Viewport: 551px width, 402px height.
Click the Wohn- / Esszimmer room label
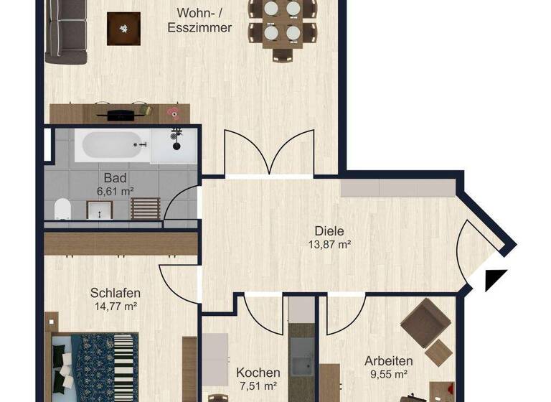click(x=199, y=20)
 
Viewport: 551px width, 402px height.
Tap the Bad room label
click(x=115, y=177)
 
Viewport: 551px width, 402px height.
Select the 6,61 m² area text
click(x=115, y=191)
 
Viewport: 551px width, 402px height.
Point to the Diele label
click(x=329, y=231)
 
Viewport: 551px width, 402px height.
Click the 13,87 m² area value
click(x=329, y=245)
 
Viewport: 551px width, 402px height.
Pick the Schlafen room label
click(x=115, y=293)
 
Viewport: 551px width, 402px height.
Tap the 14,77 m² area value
click(x=115, y=306)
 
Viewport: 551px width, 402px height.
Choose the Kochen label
click(x=258, y=373)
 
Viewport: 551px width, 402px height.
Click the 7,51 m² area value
click(x=258, y=387)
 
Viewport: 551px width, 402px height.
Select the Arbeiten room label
click(x=388, y=360)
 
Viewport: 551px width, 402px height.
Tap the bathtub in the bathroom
click(x=115, y=146)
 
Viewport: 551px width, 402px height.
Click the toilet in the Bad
click(x=62, y=209)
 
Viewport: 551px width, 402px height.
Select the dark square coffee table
click(x=123, y=29)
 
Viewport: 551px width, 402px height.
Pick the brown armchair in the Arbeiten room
click(x=424, y=324)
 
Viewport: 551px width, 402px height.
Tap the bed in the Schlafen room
click(x=93, y=366)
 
